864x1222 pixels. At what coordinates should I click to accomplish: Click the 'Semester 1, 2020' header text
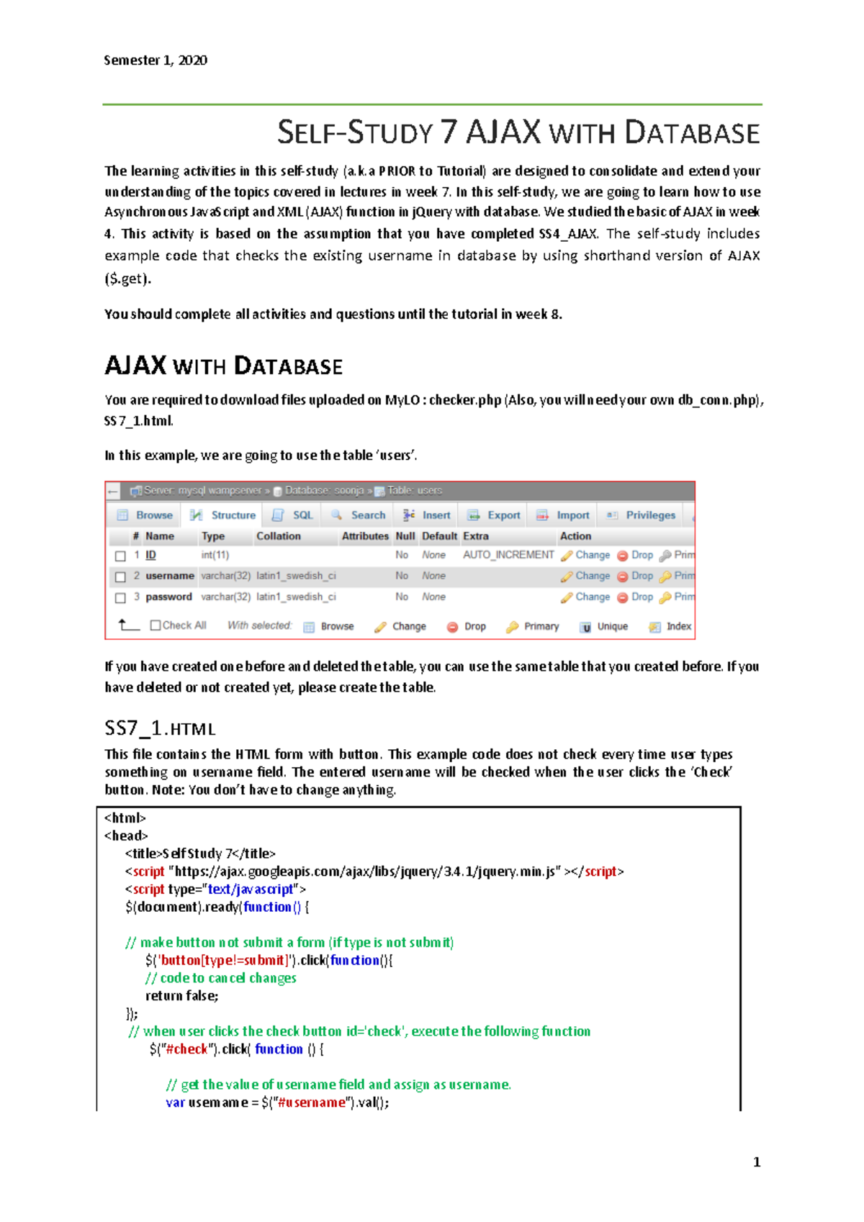[156, 60]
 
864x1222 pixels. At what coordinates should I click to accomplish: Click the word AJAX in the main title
[503, 132]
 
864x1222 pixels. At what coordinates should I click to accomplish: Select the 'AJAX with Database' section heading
[223, 366]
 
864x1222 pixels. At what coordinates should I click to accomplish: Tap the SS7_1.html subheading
[160, 728]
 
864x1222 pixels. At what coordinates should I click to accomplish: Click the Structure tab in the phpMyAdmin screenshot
[233, 515]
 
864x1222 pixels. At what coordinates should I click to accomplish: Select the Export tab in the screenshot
[503, 515]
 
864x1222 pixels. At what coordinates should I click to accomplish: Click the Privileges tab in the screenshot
[650, 515]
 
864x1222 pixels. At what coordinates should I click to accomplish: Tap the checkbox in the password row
[121, 597]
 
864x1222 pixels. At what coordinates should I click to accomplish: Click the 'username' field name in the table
[170, 576]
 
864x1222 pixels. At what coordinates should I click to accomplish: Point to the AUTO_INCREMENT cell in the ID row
[508, 555]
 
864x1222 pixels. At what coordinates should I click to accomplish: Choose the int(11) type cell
[215, 555]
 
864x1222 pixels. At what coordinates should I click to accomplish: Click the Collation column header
[278, 536]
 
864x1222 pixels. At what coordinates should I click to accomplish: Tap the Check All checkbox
[155, 625]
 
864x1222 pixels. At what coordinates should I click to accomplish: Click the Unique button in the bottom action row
[612, 627]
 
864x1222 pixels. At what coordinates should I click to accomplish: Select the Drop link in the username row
[642, 576]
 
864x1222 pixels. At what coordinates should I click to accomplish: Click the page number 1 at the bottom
[756, 1162]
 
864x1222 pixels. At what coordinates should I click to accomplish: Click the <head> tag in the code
[126, 836]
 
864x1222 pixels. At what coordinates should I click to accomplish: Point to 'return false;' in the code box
[181, 996]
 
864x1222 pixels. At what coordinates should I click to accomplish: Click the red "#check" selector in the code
[186, 1049]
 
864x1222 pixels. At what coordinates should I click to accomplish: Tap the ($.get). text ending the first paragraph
[128, 279]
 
